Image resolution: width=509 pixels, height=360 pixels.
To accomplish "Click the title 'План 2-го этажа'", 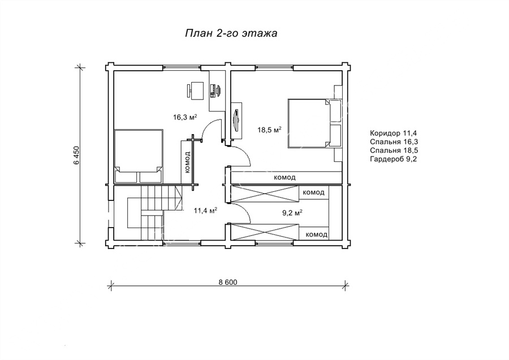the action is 231,33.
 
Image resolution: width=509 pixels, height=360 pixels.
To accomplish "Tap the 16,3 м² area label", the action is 185,117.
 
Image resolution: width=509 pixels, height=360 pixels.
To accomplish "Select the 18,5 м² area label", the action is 269,130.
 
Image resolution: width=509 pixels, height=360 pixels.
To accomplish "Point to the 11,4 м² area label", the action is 205,211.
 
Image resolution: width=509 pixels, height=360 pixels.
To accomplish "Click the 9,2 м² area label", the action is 292,213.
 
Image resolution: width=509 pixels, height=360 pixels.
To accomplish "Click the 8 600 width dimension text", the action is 228,282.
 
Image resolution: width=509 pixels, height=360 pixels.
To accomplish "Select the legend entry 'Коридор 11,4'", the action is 393,133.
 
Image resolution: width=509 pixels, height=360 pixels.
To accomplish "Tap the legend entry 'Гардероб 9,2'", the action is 393,159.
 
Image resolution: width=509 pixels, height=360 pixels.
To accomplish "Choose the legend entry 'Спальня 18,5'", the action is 394,151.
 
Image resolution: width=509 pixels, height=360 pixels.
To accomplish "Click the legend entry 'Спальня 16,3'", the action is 394,142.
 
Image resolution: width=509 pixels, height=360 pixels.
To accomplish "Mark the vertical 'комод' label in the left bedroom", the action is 187,162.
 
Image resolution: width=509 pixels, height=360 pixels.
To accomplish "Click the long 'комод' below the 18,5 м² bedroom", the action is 284,178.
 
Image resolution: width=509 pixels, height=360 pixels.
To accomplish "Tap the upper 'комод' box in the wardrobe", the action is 313,192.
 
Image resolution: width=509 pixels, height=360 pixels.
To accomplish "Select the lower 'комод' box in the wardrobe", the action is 313,234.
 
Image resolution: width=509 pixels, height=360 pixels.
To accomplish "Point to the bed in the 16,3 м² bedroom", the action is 139,157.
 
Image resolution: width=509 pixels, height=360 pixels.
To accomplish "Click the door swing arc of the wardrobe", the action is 243,212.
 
